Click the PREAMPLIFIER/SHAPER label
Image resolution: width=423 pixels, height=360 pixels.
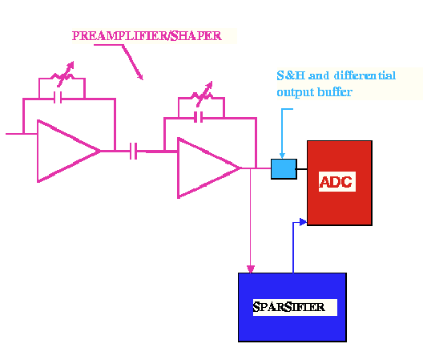pos(147,35)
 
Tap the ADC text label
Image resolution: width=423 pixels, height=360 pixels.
pos(336,182)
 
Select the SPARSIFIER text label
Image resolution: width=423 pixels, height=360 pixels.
pos(288,307)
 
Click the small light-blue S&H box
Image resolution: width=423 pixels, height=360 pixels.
pos(284,169)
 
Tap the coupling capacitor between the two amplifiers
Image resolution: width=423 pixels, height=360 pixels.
pos(133,151)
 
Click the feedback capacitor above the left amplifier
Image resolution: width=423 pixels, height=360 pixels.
pos(58,98)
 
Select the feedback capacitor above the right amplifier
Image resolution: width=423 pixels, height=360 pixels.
pos(199,117)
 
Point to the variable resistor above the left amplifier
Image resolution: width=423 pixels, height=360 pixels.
pos(63,75)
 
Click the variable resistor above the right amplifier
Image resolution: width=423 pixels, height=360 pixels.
pos(203,94)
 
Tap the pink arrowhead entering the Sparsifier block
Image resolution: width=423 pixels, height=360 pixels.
pos(251,269)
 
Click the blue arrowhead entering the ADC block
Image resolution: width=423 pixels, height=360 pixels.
pos(303,222)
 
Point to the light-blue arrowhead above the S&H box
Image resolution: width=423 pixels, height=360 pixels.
pos(282,156)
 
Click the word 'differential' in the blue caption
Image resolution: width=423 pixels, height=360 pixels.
pos(365,75)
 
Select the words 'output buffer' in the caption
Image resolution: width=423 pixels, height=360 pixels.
pos(315,92)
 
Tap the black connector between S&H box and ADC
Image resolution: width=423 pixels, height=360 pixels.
pos(302,169)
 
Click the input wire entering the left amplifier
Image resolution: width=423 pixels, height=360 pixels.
pos(22,134)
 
